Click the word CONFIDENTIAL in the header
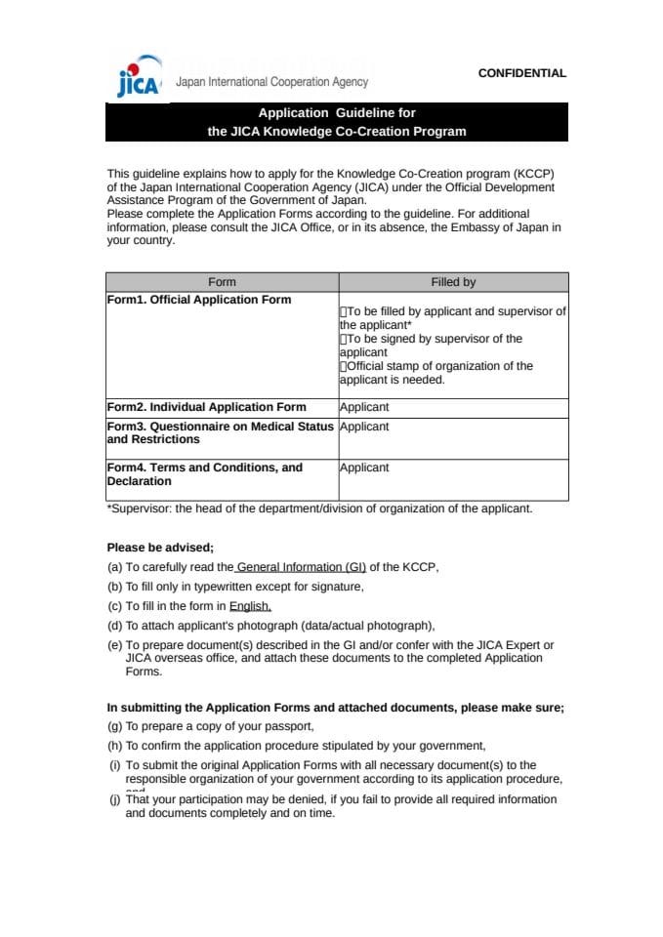point(521,73)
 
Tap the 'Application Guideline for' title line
point(337,113)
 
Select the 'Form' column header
point(222,282)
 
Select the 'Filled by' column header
point(453,282)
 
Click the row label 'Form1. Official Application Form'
point(199,300)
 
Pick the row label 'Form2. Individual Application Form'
point(206,407)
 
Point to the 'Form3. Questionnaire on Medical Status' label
point(220,427)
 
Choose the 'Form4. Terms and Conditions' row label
point(205,468)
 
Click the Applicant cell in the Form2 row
point(364,407)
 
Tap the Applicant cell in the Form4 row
point(364,468)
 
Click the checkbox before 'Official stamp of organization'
point(344,366)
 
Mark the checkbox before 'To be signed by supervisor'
point(344,339)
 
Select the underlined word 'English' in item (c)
point(250,606)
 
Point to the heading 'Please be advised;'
point(160,548)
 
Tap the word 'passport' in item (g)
point(292,726)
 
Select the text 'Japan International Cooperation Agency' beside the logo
point(271,83)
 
